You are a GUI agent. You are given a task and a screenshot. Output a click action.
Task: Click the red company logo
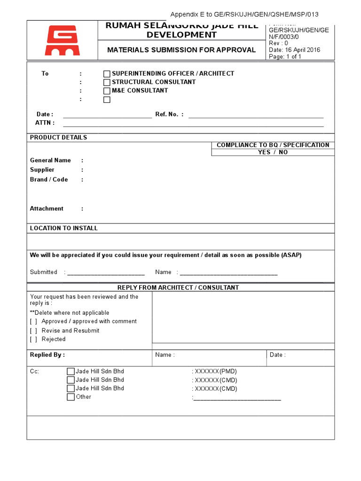62,40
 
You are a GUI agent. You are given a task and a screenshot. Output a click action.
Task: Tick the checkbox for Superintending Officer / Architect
107,74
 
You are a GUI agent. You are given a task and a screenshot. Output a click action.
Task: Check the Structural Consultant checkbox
107,82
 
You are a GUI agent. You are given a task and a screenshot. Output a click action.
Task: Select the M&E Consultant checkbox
107,91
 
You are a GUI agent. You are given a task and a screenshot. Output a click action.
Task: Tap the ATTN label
45,123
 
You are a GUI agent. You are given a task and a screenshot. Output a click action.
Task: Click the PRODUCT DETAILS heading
58,138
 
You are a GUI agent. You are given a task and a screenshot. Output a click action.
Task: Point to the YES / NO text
273,152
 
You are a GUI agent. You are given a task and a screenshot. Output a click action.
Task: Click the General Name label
50,160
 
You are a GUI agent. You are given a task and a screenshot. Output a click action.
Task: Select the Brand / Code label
49,179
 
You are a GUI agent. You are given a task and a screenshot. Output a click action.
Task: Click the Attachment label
47,209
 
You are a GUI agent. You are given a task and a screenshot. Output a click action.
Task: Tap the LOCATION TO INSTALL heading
64,228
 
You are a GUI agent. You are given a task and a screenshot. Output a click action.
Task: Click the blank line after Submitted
106,272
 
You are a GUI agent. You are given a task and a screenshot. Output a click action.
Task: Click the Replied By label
47,355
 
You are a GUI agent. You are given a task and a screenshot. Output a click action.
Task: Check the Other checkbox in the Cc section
71,397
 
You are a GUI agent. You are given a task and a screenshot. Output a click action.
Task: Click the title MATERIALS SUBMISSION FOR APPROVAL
181,50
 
